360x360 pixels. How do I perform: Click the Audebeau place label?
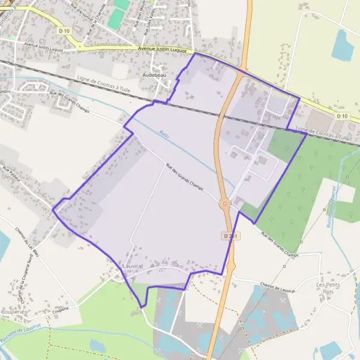coord(154,75)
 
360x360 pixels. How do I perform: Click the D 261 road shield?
coord(231,236)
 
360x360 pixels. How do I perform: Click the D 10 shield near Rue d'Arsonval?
coord(64,29)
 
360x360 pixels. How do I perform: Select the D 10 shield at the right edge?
coord(341,115)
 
